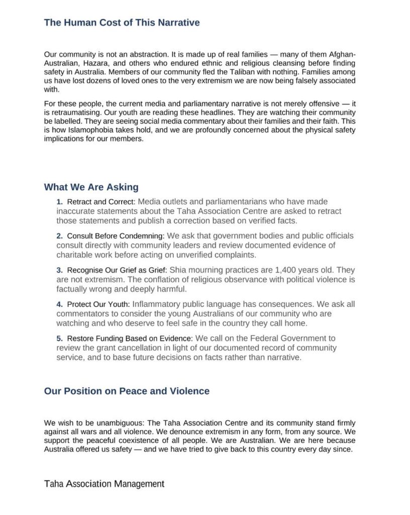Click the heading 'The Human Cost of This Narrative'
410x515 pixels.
122,23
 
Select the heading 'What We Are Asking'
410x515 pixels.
91,188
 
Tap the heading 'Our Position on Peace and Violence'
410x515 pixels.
127,391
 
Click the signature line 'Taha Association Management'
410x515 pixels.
104,484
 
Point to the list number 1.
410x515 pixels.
59,202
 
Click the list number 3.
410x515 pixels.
59,270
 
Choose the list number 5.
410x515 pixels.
59,338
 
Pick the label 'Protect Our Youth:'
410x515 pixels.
98,304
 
